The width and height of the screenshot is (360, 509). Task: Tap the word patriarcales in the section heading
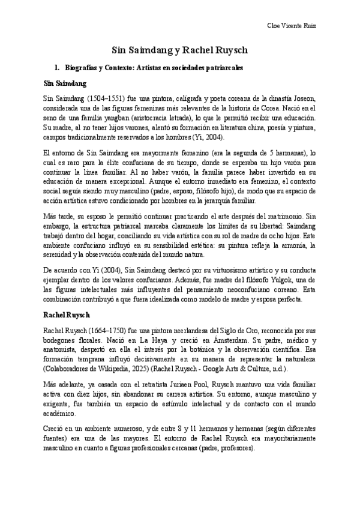[x=222, y=68]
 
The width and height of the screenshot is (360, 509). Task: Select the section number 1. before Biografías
[x=58, y=68]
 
